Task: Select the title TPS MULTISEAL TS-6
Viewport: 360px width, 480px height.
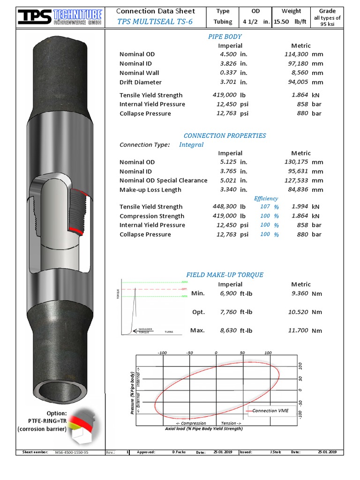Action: tap(155, 22)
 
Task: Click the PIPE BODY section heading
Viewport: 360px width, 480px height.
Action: tap(225, 37)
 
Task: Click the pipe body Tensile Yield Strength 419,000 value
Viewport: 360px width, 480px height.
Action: tap(225, 95)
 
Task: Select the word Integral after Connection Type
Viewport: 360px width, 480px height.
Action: tap(191, 144)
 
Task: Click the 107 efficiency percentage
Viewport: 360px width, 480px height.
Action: tap(265, 207)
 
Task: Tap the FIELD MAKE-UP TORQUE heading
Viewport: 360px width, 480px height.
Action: tap(225, 275)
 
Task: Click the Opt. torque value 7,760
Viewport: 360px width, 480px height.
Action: tap(228, 312)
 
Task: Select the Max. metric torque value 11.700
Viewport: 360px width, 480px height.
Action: tap(298, 330)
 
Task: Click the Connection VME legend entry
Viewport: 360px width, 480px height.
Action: tap(270, 411)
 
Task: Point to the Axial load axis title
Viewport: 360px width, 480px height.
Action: tap(204, 428)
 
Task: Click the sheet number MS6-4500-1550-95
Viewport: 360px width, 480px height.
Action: tap(71, 452)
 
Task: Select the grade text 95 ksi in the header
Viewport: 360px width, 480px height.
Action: tap(327, 24)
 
